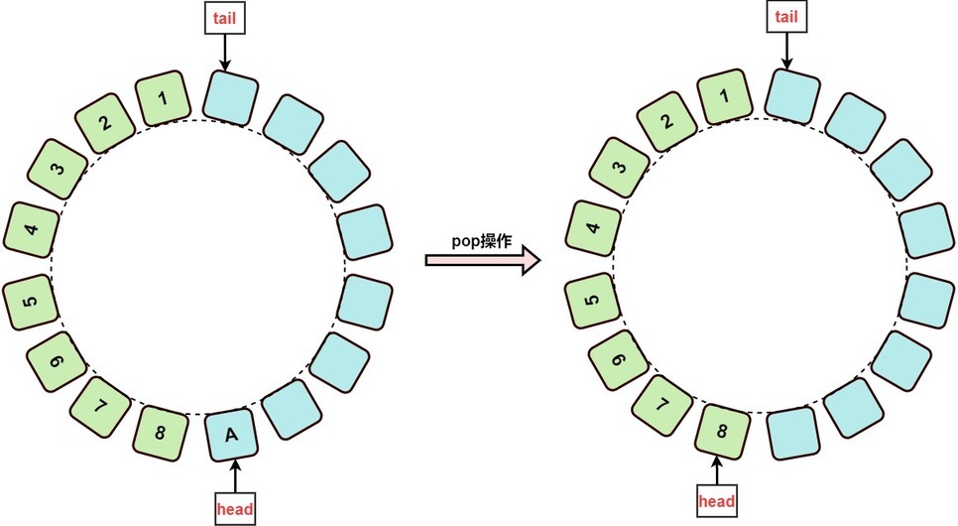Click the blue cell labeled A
click(x=230, y=436)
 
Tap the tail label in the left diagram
click(x=225, y=18)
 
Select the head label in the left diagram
click(x=235, y=508)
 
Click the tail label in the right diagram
click(x=787, y=17)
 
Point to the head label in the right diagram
click(x=717, y=501)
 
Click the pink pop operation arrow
click(x=483, y=261)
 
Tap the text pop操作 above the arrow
click(x=481, y=241)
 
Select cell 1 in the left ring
click(x=163, y=98)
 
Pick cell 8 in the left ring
click(x=160, y=434)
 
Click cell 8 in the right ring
click(x=722, y=431)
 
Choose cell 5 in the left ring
click(x=31, y=302)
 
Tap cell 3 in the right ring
click(x=620, y=167)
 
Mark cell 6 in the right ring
click(x=618, y=360)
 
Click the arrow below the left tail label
click(x=225, y=53)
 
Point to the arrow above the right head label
click(x=717, y=470)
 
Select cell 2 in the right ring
click(x=667, y=121)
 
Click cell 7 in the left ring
click(x=101, y=407)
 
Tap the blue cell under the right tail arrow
click(x=792, y=96)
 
